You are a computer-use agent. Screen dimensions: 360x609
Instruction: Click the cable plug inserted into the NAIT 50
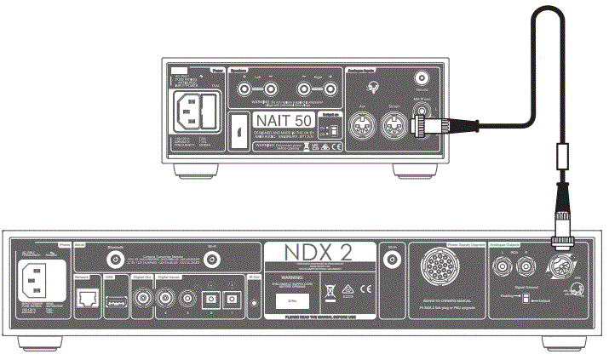(x=424, y=128)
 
